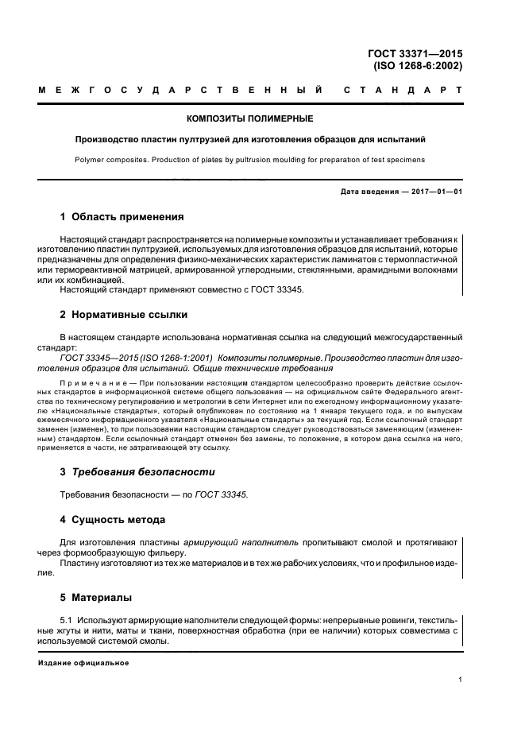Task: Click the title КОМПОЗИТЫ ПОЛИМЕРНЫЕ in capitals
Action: pos(249,118)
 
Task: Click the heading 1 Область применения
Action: pos(122,216)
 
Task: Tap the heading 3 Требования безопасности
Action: pos(137,471)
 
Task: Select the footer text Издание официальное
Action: pos(83,665)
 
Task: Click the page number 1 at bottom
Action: pos(461,680)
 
